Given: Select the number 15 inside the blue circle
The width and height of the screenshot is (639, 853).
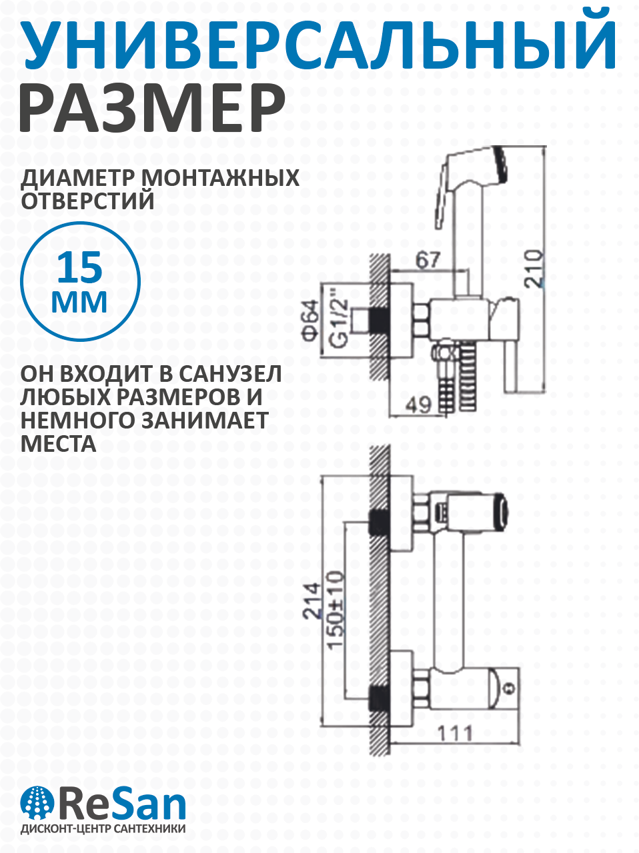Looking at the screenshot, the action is [80, 268].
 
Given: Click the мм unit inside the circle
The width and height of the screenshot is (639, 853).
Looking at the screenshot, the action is [80, 301].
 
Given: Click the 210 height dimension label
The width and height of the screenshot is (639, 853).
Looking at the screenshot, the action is [534, 268].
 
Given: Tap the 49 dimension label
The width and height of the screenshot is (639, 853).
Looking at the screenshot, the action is [420, 405].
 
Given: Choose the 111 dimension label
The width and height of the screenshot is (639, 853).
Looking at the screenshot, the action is [455, 733].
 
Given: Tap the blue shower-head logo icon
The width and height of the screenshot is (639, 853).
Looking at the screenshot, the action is [37, 802].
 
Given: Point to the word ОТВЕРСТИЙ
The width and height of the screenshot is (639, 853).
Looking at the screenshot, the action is [88, 200].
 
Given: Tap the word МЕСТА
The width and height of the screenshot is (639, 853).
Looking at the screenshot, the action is [59, 443].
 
